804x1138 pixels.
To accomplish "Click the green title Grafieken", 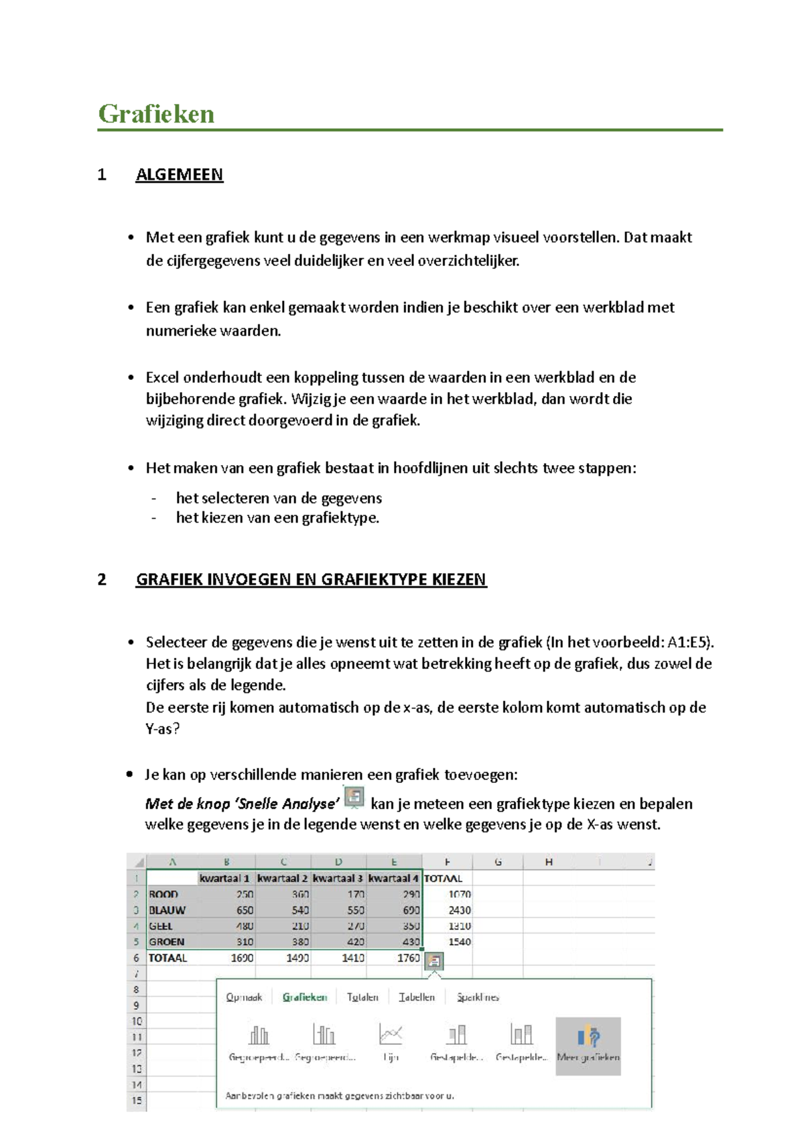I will [x=156, y=114].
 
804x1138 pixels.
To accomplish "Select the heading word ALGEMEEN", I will [x=179, y=175].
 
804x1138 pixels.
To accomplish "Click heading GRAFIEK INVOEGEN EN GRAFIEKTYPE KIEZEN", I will [x=311, y=580].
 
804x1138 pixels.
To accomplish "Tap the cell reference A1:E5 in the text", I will [x=688, y=642].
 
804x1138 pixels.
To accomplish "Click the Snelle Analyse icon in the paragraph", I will [x=354, y=798].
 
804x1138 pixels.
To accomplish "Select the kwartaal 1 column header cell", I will [x=225, y=878].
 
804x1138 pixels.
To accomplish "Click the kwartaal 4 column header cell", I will [x=394, y=878].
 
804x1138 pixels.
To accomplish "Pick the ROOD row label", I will [x=163, y=894].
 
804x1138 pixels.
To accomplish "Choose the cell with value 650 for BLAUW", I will [x=244, y=910].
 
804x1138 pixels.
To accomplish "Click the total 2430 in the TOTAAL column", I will [x=459, y=910].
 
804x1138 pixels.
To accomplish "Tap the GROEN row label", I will [x=166, y=942].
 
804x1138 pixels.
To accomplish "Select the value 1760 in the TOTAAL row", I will [x=407, y=958].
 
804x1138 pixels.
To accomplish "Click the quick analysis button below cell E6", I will [x=434, y=961].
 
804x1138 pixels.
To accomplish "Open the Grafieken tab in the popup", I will [x=305, y=997].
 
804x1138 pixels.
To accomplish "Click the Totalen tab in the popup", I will [x=362, y=997].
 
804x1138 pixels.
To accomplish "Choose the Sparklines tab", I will [x=478, y=997].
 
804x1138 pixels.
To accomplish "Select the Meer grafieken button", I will [x=588, y=1046].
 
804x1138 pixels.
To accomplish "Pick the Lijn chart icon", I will [x=391, y=1042].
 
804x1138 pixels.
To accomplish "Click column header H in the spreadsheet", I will [x=549, y=862].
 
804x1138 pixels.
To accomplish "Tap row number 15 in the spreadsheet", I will [x=137, y=1100].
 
